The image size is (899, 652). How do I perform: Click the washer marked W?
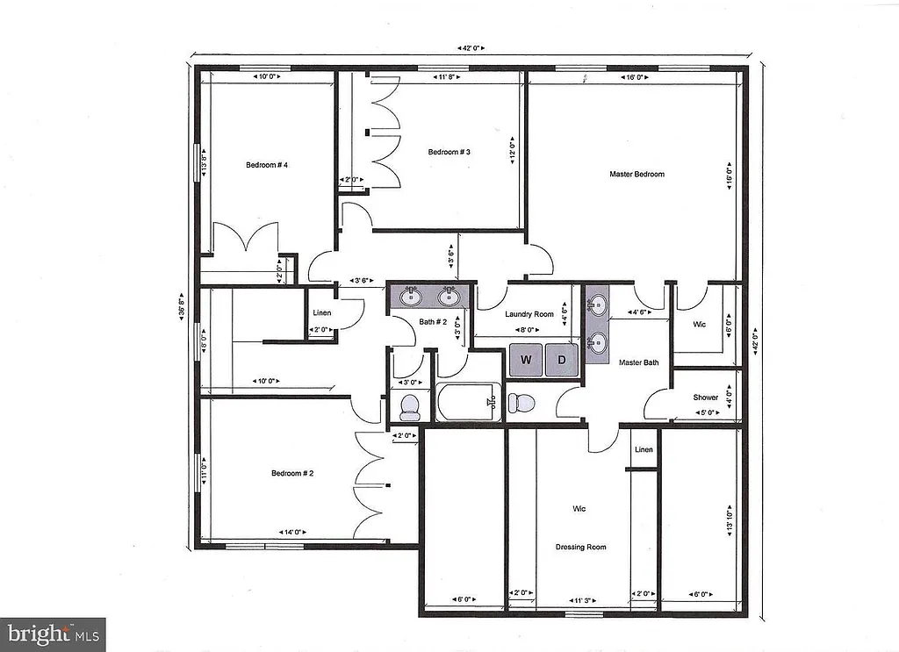526,360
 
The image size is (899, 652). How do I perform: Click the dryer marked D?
562,360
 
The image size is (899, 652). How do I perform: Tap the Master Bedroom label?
636,174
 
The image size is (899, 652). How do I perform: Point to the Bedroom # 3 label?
449,152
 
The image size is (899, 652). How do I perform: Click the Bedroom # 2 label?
292,474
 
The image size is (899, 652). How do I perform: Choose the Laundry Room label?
529,314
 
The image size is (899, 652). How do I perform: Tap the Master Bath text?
638,362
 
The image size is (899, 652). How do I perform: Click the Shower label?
706,398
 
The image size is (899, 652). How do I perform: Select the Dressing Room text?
580,548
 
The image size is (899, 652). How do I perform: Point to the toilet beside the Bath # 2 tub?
409,405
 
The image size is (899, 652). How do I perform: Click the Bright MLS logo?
53,632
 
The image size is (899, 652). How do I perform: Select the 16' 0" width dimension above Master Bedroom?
635,78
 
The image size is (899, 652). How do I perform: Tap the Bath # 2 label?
434,322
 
